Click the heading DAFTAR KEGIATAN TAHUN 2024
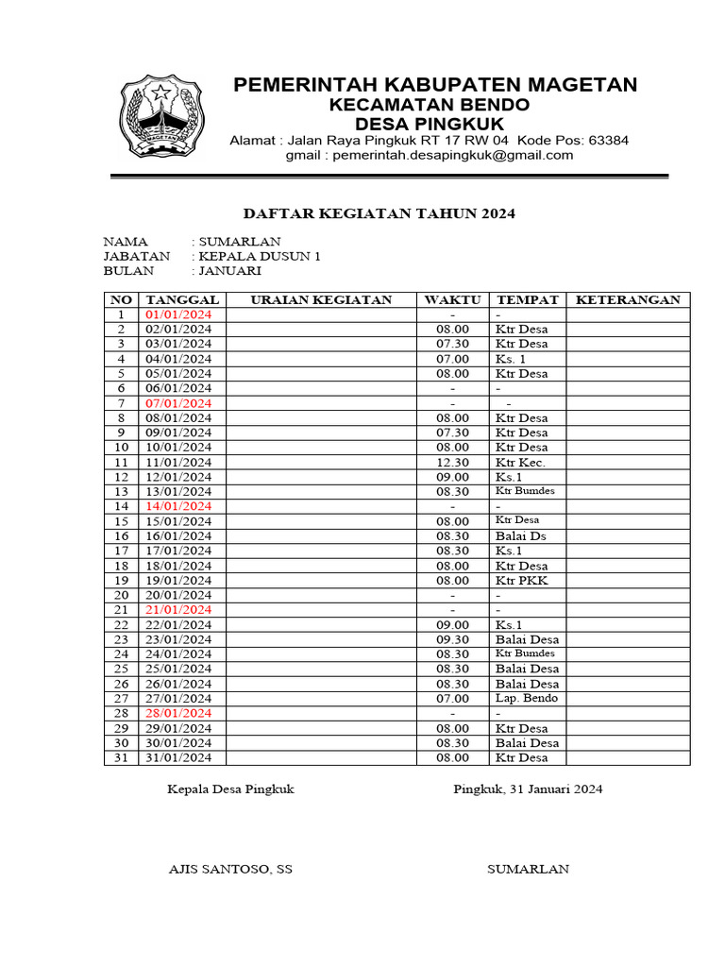pyautogui.click(x=379, y=214)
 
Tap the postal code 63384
pyautogui.click(x=608, y=140)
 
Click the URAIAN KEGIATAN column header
pyautogui.click(x=321, y=300)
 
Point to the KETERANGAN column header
pyautogui.click(x=628, y=300)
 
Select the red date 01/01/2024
pyautogui.click(x=178, y=314)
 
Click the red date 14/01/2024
pyautogui.click(x=178, y=506)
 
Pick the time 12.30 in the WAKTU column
pyautogui.click(x=452, y=463)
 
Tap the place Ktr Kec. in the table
pyautogui.click(x=520, y=463)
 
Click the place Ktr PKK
pyautogui.click(x=521, y=581)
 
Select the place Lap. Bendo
pyautogui.click(x=527, y=698)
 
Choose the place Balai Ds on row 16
pyautogui.click(x=520, y=536)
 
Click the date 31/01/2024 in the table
pyautogui.click(x=178, y=757)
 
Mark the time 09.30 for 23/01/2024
pyautogui.click(x=452, y=639)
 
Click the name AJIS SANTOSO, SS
pyautogui.click(x=229, y=869)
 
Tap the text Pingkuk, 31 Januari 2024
pyautogui.click(x=528, y=789)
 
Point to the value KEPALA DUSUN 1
pyautogui.click(x=260, y=256)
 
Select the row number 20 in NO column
pyautogui.click(x=121, y=595)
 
